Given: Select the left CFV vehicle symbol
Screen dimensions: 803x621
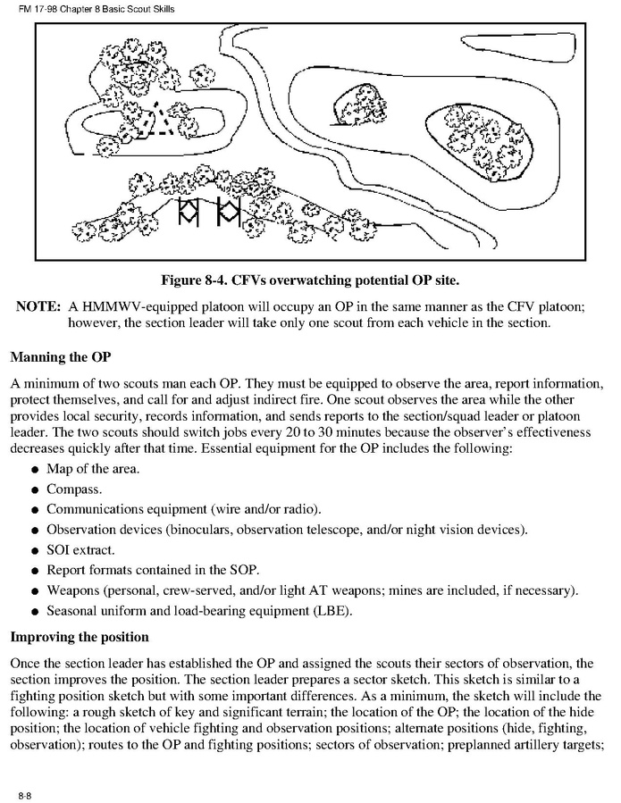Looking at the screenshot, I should click(189, 212).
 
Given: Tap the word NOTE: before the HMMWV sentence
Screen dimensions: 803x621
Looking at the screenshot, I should click(38, 306).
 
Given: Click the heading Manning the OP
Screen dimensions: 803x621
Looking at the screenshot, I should click(60, 358).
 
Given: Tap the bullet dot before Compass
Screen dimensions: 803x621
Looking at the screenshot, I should click(33, 490).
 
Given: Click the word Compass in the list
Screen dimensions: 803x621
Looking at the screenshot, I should click(74, 489).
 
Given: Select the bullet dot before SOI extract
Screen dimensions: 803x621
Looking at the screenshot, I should click(33, 549).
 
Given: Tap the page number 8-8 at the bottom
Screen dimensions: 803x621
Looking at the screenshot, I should click(27, 792).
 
